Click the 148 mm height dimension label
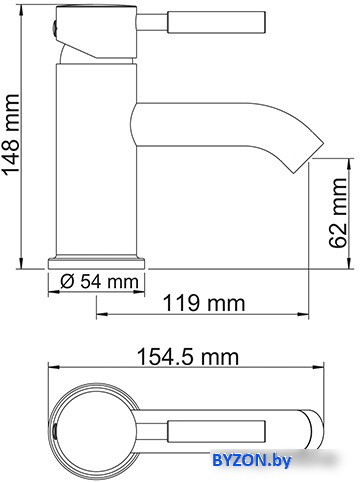pyautogui.click(x=12, y=134)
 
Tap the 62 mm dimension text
pyautogui.click(x=337, y=212)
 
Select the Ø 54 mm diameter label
pyautogui.click(x=99, y=282)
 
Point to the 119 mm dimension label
pyautogui.click(x=204, y=303)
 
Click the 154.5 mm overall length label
pyautogui.click(x=188, y=357)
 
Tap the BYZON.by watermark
pyautogui.click(x=252, y=461)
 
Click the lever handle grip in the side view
pyautogui.click(x=216, y=22)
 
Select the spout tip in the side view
pyautogui.click(x=308, y=157)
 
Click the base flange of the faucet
pyautogui.click(x=97, y=263)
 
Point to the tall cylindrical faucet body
pyautogui.click(x=97, y=160)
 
